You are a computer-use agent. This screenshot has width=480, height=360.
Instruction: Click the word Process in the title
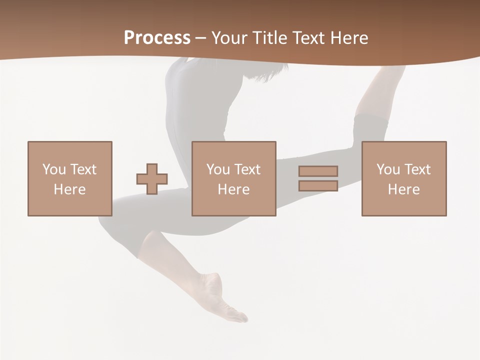tap(157, 38)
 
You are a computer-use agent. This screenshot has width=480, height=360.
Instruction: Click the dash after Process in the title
tap(200, 38)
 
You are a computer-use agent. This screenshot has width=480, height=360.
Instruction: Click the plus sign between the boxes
tap(152, 179)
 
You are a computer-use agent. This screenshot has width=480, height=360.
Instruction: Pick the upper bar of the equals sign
tap(318, 171)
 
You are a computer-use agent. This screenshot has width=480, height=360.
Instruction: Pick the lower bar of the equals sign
tap(318, 186)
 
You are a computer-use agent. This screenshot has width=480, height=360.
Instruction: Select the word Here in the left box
tap(69, 189)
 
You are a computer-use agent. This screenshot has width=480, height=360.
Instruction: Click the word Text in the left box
tap(82, 169)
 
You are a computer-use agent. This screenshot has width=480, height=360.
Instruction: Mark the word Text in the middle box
tap(246, 169)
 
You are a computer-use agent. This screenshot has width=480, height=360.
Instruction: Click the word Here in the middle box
tap(233, 189)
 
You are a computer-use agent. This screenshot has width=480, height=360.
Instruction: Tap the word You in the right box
tap(388, 169)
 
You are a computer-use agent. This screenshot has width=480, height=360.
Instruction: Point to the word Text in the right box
tap(416, 169)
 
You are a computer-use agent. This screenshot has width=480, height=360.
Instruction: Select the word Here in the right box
tap(403, 189)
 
